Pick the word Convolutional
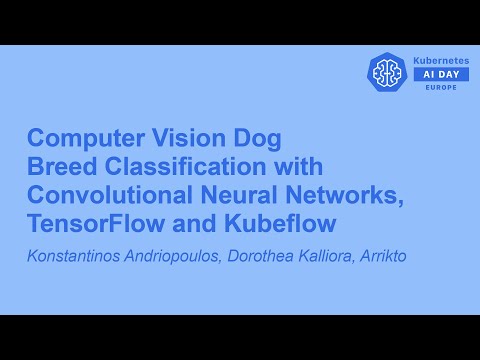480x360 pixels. coord(104,191)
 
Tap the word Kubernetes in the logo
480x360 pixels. coord(441,61)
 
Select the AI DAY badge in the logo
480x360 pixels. coord(441,74)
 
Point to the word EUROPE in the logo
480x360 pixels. coord(441,87)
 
